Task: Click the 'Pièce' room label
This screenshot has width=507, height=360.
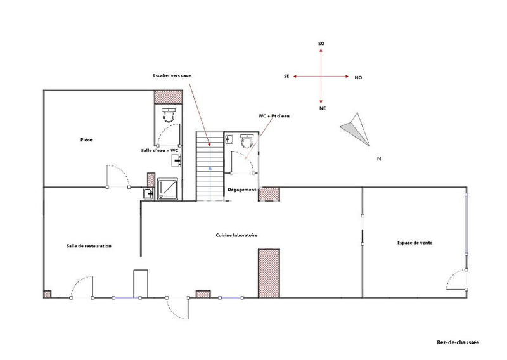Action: point(87,140)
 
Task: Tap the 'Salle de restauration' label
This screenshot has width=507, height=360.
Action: point(89,246)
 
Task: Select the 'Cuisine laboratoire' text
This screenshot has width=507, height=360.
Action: point(236,235)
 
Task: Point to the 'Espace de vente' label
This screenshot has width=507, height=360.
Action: point(415,242)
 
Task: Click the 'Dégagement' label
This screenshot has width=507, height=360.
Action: point(241,190)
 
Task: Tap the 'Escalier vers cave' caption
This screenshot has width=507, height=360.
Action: point(172,75)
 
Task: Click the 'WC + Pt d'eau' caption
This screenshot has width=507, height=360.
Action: point(274,116)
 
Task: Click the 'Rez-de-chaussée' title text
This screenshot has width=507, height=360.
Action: point(458,342)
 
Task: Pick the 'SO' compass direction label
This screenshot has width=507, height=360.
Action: point(321,43)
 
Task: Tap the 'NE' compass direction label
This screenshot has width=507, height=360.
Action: point(322,109)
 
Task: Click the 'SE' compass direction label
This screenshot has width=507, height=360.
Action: point(287,76)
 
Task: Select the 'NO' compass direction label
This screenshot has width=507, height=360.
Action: point(358,77)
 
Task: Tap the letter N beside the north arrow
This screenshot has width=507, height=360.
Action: point(378,158)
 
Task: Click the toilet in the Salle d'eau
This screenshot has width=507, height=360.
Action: point(169,115)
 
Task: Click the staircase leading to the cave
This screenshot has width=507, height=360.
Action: point(210,166)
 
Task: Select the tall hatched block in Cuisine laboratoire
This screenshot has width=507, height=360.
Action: point(269,273)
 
